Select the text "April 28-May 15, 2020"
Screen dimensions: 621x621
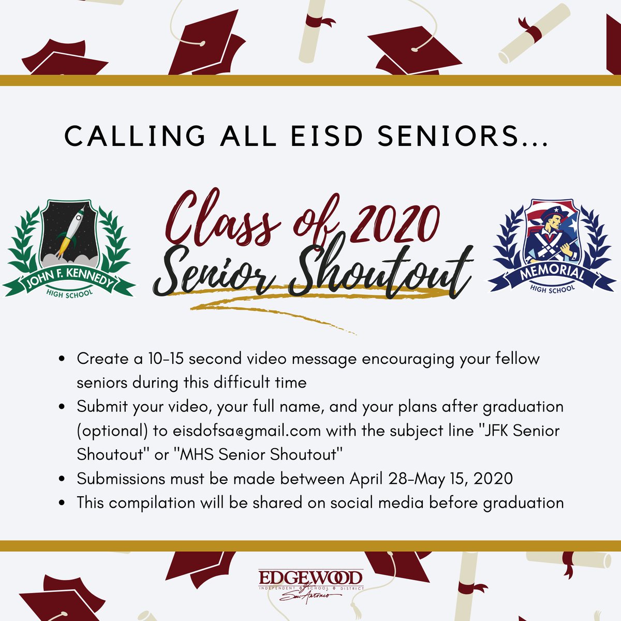431,479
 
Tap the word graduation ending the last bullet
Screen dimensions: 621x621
523,502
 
